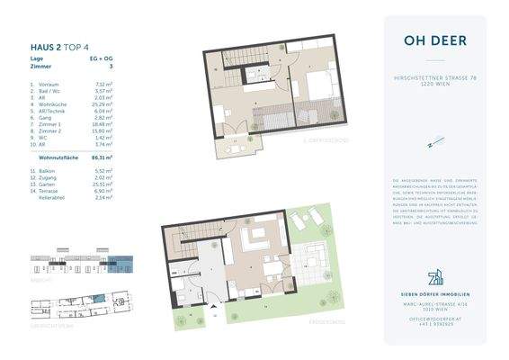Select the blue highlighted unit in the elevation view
pyautogui.click(x=125, y=265)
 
